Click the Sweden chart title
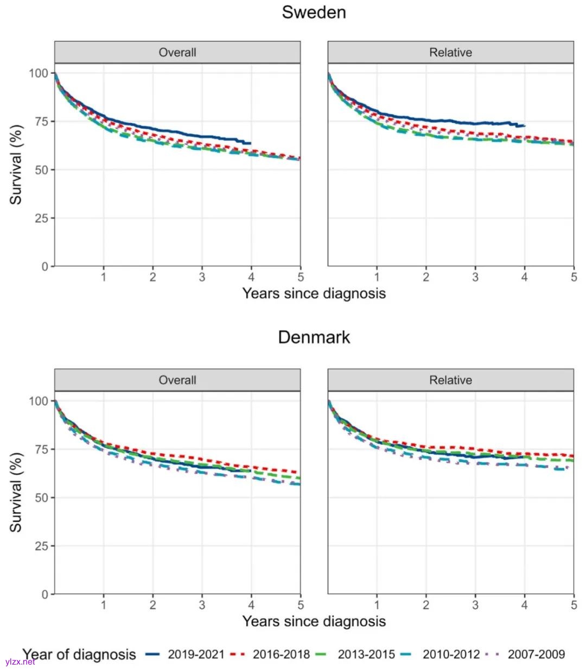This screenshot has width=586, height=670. coord(314,12)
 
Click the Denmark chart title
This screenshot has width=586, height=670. coord(314,337)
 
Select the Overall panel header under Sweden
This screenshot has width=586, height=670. coord(177,53)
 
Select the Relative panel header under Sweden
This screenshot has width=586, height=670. coord(450,53)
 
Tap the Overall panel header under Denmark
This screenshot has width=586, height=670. coord(177,380)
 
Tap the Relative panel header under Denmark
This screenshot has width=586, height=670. coord(450,380)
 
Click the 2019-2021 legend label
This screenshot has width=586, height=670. coord(196,654)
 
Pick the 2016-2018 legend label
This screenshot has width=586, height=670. coord(281,654)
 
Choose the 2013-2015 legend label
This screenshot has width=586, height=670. coord(366,654)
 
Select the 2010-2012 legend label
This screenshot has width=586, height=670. coord(451,654)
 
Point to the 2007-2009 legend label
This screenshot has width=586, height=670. coord(536,654)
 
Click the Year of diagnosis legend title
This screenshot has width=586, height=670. coord(79,654)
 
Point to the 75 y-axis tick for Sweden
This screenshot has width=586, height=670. coord(42,122)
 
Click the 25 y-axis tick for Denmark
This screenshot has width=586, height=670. coord(42,546)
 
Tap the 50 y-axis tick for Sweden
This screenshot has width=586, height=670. coord(42,170)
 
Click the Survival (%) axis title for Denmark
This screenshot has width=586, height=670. coord(16,492)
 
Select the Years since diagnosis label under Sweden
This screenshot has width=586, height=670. coord(314,293)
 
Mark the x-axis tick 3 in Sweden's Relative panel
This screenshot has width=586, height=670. coord(475,277)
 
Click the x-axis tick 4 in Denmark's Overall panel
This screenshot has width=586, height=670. coord(251,605)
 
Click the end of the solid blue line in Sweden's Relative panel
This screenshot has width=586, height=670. coord(525,126)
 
